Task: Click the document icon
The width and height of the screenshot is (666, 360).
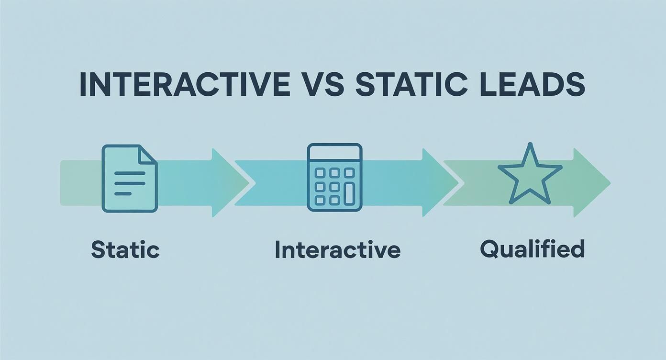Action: pyautogui.click(x=130, y=178)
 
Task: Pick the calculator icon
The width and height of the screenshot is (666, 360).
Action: pyautogui.click(x=334, y=177)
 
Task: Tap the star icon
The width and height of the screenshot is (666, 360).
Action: pyautogui.click(x=530, y=175)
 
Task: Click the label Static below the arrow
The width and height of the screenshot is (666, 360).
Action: pyautogui.click(x=125, y=250)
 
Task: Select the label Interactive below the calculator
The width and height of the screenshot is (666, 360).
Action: pyautogui.click(x=337, y=250)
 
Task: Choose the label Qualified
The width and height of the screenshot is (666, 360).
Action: pyautogui.click(x=532, y=249)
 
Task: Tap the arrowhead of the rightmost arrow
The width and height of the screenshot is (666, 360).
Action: pyautogui.click(x=600, y=182)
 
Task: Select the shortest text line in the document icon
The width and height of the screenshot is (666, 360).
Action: pyautogui.click(x=123, y=193)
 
